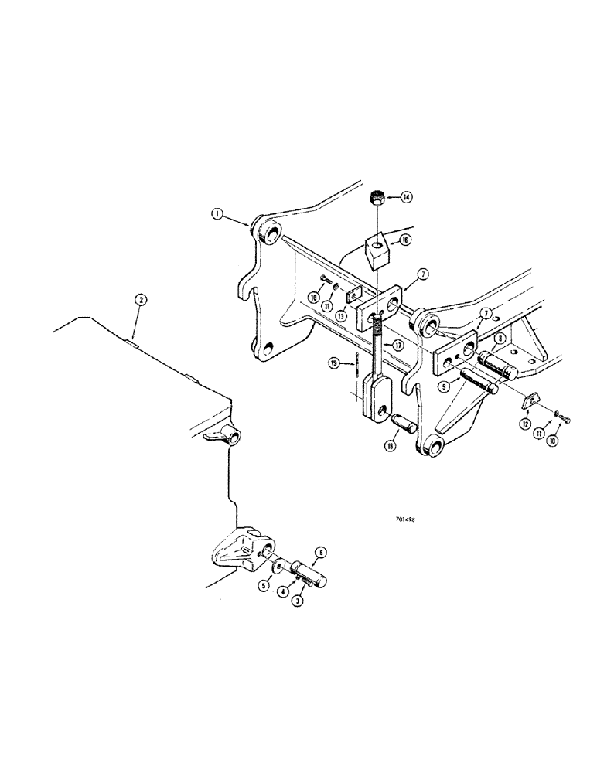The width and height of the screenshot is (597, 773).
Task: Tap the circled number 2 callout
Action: [x=140, y=299]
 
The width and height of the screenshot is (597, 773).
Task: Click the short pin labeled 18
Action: [x=406, y=424]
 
